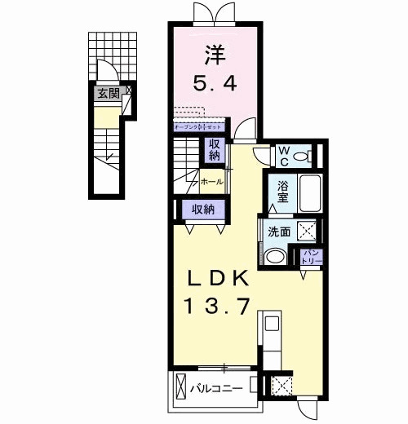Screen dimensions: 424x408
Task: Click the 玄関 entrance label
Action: [x=107, y=94]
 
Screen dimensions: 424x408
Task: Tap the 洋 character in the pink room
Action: [x=215, y=54]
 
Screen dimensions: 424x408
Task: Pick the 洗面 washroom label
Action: [x=279, y=232]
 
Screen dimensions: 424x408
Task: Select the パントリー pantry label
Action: [x=312, y=257]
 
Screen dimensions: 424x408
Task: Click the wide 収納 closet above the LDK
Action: [x=203, y=209]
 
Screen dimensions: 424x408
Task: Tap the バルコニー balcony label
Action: [x=216, y=388]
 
